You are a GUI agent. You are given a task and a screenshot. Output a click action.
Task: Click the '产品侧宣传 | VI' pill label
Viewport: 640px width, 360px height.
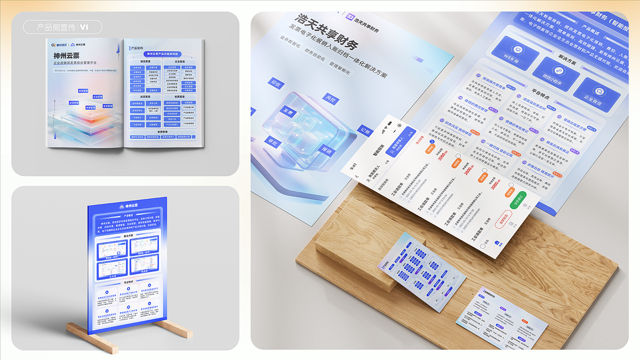[62, 27]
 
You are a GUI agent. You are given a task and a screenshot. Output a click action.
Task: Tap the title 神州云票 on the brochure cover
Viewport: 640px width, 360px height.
[66, 55]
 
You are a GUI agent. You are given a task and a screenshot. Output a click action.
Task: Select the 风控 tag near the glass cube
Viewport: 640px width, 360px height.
[330, 98]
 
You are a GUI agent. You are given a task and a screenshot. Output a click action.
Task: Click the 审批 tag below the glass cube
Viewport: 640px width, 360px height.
[272, 141]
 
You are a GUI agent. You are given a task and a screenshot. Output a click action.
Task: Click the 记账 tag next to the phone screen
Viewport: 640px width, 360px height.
[365, 131]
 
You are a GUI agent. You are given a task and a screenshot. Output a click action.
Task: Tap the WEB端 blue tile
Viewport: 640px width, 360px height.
[514, 51]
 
